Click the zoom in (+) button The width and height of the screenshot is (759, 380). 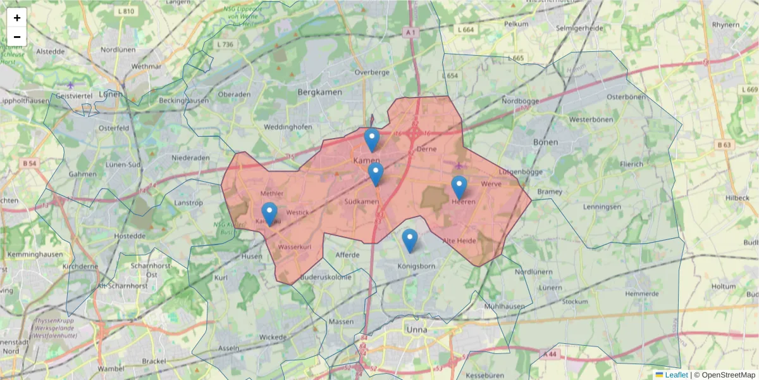pos(17,18)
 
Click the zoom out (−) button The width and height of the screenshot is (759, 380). pos(17,37)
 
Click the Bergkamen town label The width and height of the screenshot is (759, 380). pos(319,92)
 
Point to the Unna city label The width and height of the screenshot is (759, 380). pos(417,330)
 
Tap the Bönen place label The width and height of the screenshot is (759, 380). pos(545,142)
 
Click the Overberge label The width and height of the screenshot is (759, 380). pos(372,72)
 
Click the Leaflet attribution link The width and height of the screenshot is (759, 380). pos(676,375)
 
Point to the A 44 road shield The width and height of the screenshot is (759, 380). pos(551,353)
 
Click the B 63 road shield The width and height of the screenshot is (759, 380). pos(725,145)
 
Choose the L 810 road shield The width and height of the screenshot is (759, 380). pos(126,11)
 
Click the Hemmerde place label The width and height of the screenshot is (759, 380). pos(641,294)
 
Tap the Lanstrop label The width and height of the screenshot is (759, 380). pos(188,203)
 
